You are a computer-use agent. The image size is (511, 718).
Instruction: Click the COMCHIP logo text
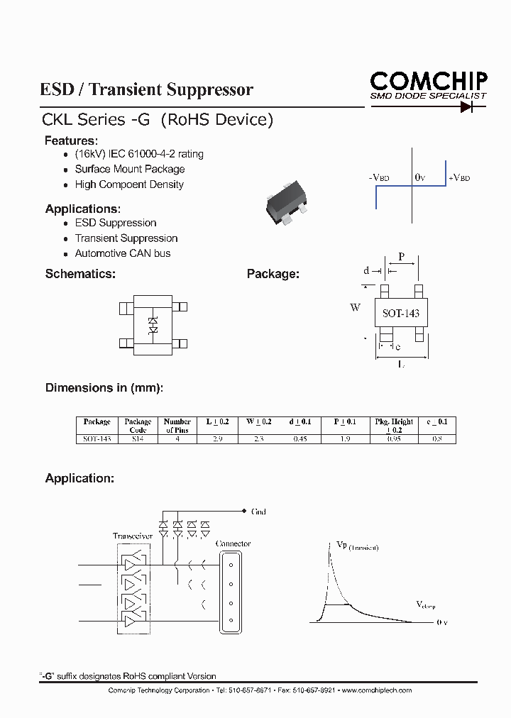[x=428, y=80]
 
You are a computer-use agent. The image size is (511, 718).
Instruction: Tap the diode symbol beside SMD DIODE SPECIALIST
[x=466, y=107]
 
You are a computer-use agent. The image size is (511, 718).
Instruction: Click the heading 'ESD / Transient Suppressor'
[x=147, y=90]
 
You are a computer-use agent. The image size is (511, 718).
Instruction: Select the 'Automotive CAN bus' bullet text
[x=123, y=253]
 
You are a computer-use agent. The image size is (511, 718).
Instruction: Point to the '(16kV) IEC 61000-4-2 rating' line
[x=139, y=154]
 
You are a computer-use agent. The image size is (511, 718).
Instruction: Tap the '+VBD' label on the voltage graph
[x=459, y=178]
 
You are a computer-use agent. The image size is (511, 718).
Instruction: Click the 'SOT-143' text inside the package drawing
[x=401, y=313]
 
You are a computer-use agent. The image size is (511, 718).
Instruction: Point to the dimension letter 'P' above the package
[x=402, y=257]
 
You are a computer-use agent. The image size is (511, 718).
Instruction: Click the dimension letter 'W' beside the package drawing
[x=355, y=308]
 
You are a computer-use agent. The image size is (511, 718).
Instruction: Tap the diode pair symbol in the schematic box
[x=153, y=326]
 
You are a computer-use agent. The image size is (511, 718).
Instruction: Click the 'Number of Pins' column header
[x=177, y=426]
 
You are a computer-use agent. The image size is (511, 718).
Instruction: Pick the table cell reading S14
[x=138, y=439]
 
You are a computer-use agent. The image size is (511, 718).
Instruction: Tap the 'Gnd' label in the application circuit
[x=258, y=512]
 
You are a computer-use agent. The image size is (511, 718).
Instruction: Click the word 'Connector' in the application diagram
[x=233, y=543]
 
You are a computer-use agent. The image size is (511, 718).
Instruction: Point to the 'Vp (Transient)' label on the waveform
[x=356, y=546]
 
